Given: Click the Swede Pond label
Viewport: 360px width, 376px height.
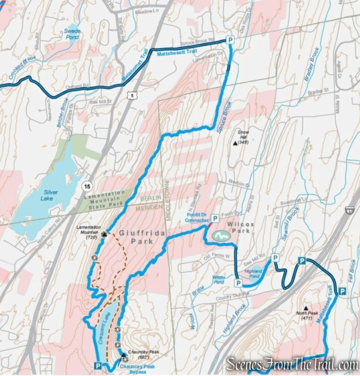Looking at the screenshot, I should coord(72,34).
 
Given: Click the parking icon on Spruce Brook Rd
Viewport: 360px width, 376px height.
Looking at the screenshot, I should coord(230,40).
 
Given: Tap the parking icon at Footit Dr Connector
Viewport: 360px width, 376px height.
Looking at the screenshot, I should coord(215,218).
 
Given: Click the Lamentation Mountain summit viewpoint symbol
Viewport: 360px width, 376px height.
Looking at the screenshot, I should coord(104,234).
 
